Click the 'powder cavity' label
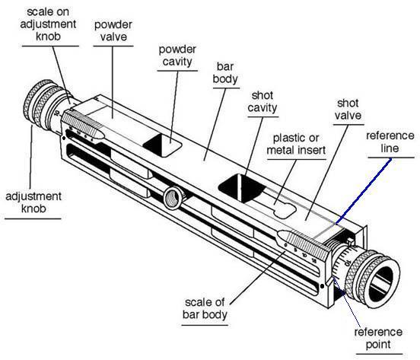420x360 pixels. tap(177, 56)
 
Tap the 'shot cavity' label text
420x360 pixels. tap(262, 102)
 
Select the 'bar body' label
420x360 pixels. tap(225, 73)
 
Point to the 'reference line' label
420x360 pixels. tap(390, 142)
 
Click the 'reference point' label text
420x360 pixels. tap(378, 338)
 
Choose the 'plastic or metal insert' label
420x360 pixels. tap(296, 144)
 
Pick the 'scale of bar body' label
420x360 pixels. tap(205, 308)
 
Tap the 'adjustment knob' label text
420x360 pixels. tap(33, 202)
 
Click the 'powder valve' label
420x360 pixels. tap(113, 30)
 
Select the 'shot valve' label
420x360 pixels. tap(348, 110)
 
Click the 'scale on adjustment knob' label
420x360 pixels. tap(48, 24)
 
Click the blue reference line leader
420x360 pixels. tap(364, 191)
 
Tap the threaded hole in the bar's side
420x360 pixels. tap(173, 198)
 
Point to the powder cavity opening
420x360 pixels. tap(162, 145)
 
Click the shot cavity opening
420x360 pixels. tap(242, 188)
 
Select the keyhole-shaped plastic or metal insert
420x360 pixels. tap(285, 210)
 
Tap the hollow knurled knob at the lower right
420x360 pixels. tap(372, 279)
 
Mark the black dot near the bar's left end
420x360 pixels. tap(64, 139)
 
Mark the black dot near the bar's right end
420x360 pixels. tap(323, 286)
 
